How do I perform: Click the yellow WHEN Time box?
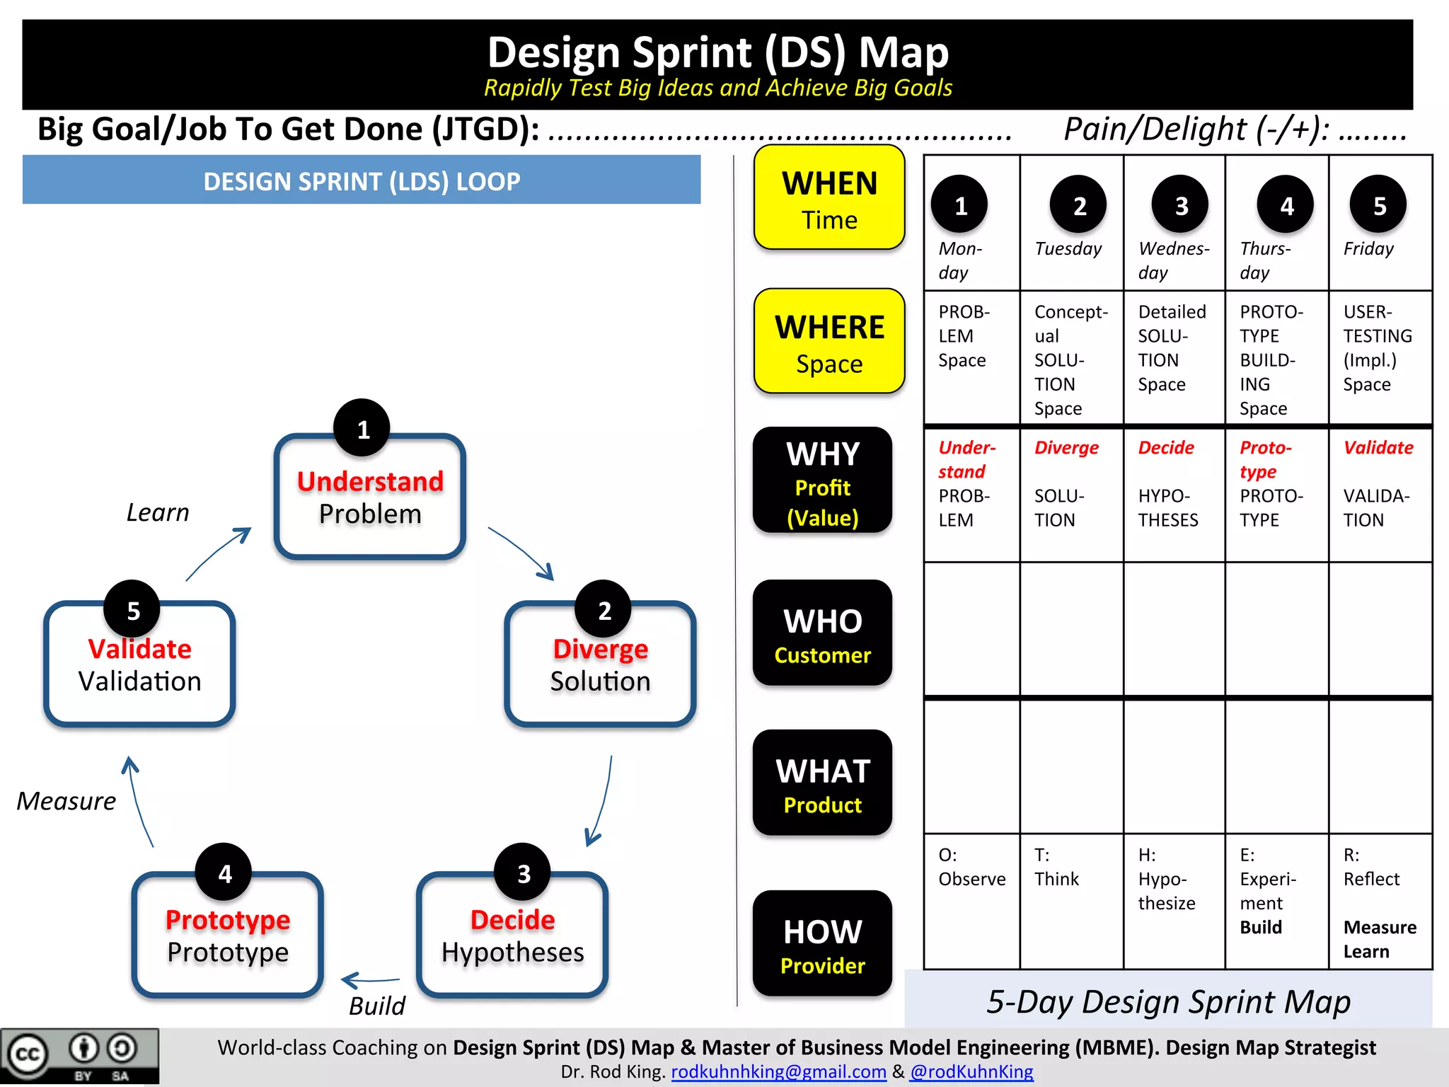pos(829,197)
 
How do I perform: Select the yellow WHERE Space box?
pos(829,341)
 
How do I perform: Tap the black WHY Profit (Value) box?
pos(822,481)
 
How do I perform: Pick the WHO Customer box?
pos(822,633)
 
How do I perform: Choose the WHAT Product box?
pos(822,783)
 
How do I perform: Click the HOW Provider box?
pos(822,943)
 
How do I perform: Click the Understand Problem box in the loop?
pos(369,498)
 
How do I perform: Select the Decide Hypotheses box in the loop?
pos(512,936)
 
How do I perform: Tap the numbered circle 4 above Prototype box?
pos(224,873)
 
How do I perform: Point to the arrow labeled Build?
pos(370,981)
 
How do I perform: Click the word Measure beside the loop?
pos(66,801)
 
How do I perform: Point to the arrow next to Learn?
pos(218,553)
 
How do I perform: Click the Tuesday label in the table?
pos(1068,248)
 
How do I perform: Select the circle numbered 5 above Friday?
pos(1378,205)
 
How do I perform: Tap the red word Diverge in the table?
pos(1066,448)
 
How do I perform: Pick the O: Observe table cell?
pos(971,868)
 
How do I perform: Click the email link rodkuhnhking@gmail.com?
pos(778,1072)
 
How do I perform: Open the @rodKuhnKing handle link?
pos(971,1072)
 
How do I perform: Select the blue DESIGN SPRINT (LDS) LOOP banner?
pos(362,181)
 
